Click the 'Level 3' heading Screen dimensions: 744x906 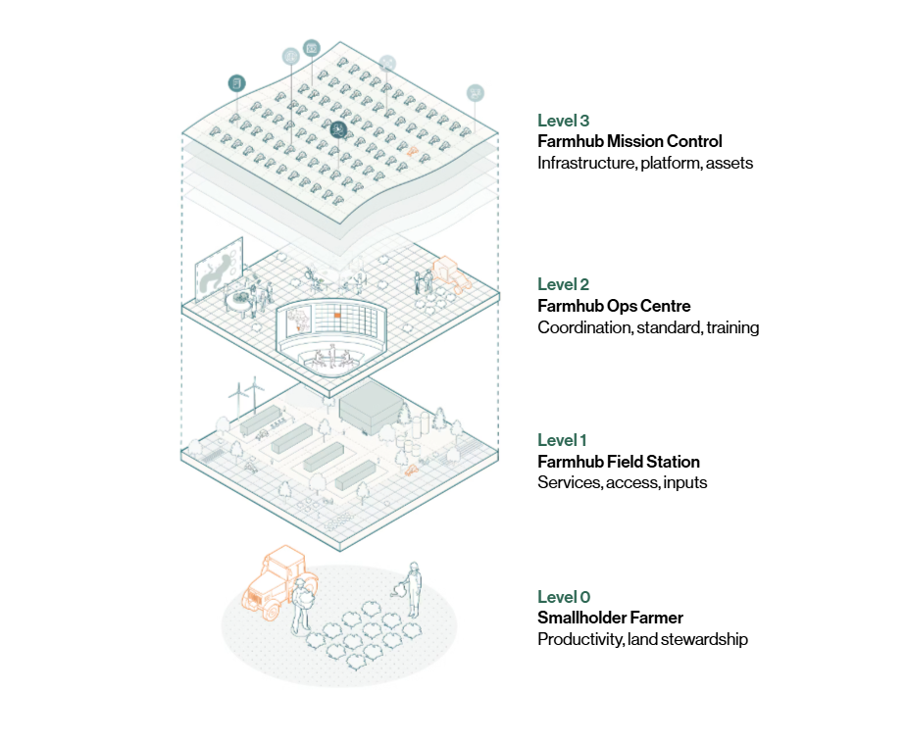[x=563, y=121]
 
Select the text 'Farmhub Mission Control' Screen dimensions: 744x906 [x=629, y=142]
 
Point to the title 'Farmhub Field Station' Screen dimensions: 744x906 [x=618, y=462]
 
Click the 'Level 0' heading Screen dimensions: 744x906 [x=564, y=597]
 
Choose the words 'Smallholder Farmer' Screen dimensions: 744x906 [x=610, y=618]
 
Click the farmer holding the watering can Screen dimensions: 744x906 [x=412, y=591]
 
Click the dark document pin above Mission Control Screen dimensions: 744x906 [x=236, y=82]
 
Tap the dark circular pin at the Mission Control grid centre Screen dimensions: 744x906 [x=339, y=128]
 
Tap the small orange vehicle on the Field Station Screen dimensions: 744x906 [x=412, y=471]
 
